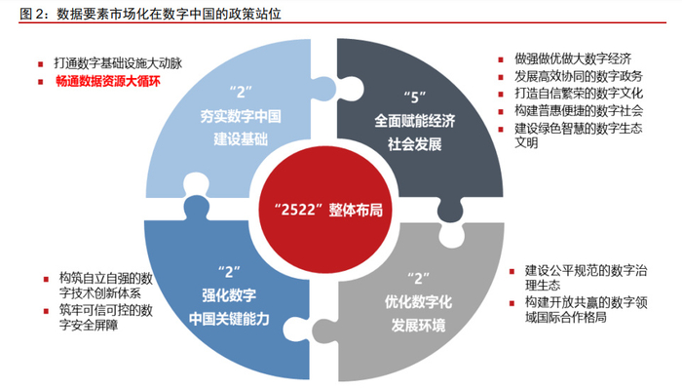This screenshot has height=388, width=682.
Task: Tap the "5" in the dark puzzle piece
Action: pyautogui.click(x=417, y=97)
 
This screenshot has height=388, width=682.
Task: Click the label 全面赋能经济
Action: pyautogui.click(x=415, y=121)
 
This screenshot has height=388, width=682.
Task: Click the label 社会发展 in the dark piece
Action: pyautogui.click(x=415, y=143)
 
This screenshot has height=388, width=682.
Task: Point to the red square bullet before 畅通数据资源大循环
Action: pyautogui.click(x=41, y=83)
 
